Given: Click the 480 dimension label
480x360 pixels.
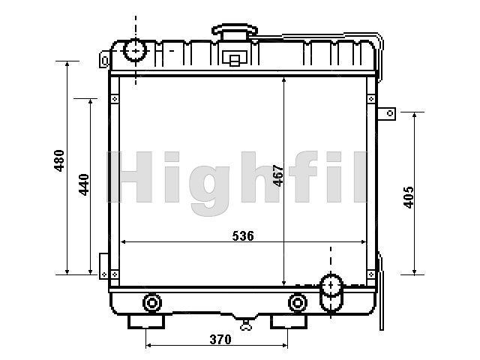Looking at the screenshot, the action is pyautogui.click(x=59, y=160).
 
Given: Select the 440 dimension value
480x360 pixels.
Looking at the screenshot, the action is pyautogui.click(x=84, y=184).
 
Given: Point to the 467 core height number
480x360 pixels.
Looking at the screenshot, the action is pyautogui.click(x=278, y=175).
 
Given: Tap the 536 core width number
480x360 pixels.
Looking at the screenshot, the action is pyautogui.click(x=243, y=236).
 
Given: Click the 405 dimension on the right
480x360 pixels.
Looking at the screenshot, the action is pyautogui.click(x=408, y=197).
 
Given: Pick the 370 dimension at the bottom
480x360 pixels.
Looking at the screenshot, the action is pyautogui.click(x=220, y=340).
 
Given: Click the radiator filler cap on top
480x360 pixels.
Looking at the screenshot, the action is pyautogui.click(x=235, y=31).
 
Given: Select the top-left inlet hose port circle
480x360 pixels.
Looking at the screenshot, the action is pyautogui.click(x=135, y=50).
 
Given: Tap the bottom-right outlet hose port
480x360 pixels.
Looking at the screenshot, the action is pyautogui.click(x=331, y=293).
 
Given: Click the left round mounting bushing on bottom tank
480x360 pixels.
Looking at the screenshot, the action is pyautogui.click(x=151, y=303).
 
